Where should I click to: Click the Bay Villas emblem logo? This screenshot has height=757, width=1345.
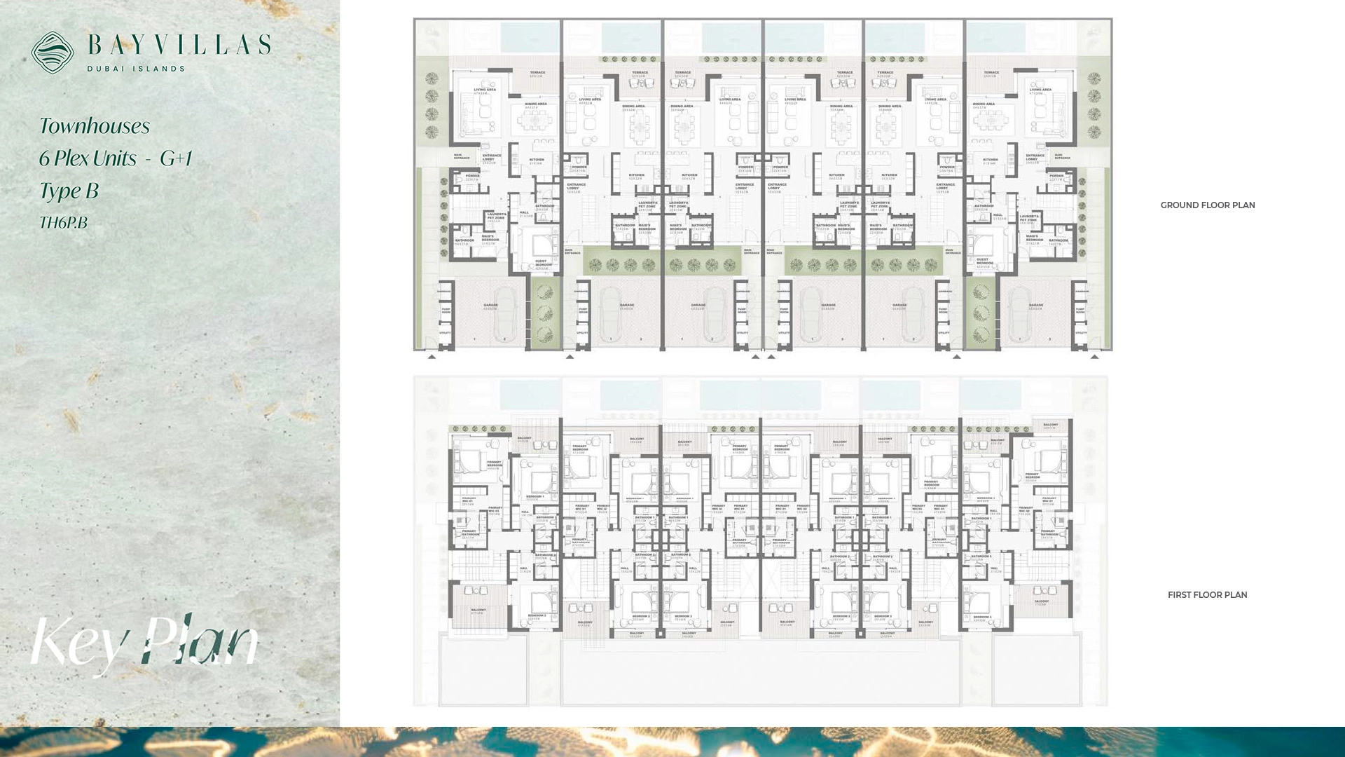coord(53,53)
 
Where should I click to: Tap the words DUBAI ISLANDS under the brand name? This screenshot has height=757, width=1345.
coord(136,69)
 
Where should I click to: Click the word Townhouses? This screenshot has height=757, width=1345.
coord(95,126)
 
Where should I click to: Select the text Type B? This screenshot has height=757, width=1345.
coord(69,191)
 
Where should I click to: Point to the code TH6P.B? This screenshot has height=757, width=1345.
coord(63,223)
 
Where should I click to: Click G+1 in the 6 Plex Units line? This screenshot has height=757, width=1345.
coord(176,158)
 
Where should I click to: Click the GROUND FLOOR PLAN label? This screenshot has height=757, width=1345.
coord(1207,205)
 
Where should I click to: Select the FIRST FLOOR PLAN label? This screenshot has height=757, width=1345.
coord(1207,595)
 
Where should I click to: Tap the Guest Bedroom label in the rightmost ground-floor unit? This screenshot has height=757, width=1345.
coord(984,264)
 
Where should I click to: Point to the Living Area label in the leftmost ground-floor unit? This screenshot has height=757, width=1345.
coord(484,91)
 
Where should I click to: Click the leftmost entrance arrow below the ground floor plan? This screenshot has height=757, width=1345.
coord(432,357)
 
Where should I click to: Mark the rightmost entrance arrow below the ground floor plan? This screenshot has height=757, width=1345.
coord(1094,357)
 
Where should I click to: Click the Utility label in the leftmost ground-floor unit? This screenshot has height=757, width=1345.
coord(445,333)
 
